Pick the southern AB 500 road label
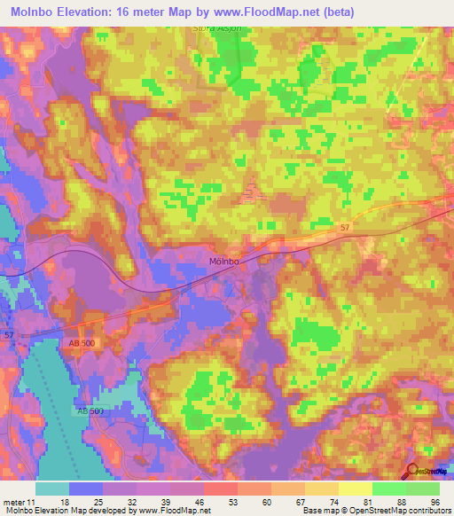(88, 412)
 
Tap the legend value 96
(434, 503)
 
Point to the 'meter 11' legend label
(19, 503)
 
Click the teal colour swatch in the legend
(51, 489)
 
